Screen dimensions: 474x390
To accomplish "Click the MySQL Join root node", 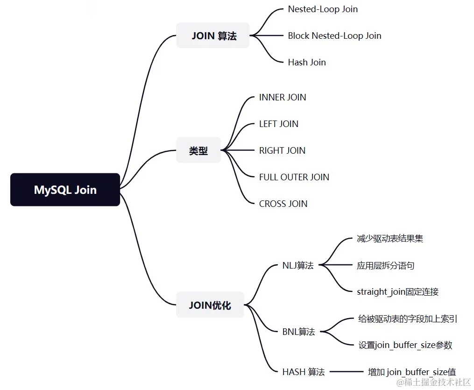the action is point(65,190).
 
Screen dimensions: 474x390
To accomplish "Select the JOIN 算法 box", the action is point(213,35).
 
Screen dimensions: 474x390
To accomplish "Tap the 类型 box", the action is point(198,150).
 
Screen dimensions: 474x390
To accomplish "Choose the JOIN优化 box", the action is point(210,305).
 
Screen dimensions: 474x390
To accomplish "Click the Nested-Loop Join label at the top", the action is point(323,9).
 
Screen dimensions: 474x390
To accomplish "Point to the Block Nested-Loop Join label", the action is point(335,35).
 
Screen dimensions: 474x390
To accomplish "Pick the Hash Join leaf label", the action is point(307,62).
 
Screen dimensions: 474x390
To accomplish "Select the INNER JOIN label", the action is point(283,97).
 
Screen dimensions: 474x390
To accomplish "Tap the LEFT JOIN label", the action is point(279,124).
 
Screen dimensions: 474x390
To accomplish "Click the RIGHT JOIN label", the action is point(283,150).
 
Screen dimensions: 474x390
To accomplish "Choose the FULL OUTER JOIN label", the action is point(294,177).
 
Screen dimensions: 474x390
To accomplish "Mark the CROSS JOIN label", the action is point(283,204).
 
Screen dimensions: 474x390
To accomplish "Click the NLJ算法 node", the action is point(298,265).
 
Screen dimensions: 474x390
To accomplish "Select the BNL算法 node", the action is point(299,332).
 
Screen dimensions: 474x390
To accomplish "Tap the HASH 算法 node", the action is point(304,372).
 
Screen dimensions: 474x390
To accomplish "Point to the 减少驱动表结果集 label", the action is point(390,239).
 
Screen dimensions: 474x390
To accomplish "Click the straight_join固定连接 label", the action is point(398,292).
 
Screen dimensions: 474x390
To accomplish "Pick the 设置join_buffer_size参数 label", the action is point(405,345).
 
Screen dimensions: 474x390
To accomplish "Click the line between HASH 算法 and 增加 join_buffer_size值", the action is point(347,372).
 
